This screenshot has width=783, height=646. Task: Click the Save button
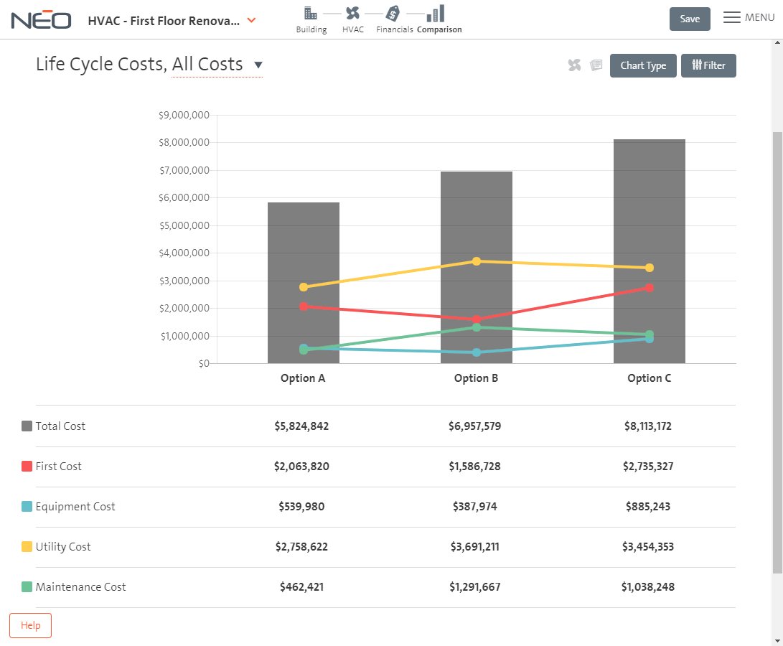[689, 19]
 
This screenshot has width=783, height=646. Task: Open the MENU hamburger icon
[731, 18]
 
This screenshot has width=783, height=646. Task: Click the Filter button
[708, 65]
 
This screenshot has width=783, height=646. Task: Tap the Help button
[30, 625]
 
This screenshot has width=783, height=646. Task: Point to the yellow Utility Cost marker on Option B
[476, 261]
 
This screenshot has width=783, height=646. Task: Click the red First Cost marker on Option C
[650, 288]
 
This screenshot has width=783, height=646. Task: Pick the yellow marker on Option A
[304, 287]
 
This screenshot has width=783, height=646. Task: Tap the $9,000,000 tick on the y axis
[184, 115]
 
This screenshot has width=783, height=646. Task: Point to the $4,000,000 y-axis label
[184, 253]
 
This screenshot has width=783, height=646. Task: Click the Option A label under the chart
[303, 378]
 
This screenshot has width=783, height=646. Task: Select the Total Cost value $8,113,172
[648, 426]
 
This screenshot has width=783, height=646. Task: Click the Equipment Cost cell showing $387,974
[474, 507]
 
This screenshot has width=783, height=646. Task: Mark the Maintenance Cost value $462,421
[301, 587]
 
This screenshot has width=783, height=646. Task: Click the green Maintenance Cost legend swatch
[27, 587]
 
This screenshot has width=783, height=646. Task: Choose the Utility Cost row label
[63, 547]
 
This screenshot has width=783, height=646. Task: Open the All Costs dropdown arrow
[258, 65]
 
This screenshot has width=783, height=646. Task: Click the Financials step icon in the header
[393, 14]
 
